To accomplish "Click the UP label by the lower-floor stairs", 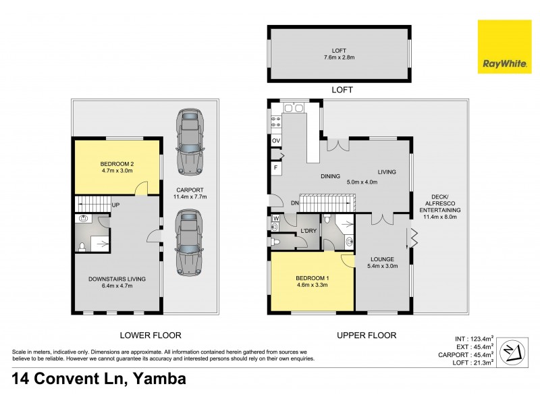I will (117, 205).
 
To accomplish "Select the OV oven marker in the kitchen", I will (276, 140).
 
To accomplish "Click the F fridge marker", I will (276, 167).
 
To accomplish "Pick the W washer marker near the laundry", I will (276, 219).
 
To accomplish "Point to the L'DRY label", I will (308, 232).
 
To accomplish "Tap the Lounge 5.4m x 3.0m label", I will (382, 262).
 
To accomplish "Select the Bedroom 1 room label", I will (311, 281).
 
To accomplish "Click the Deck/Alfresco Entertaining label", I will (439, 207).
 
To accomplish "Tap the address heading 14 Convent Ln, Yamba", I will (99, 379).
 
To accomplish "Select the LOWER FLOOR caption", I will (150, 335).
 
